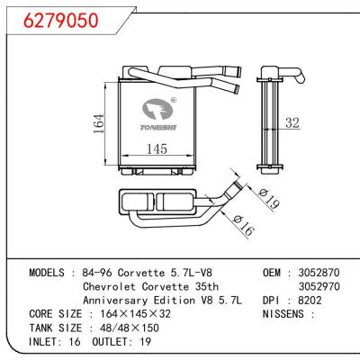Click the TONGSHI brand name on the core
(x=158, y=128)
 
